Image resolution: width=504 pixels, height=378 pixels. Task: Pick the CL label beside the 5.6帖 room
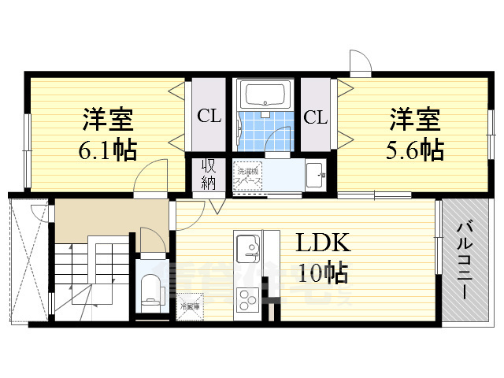click(315, 118)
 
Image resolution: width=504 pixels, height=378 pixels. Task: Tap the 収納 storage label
click(208, 174)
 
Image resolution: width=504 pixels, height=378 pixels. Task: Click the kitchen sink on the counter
click(248, 249)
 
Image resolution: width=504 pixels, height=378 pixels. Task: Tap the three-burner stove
click(248, 299)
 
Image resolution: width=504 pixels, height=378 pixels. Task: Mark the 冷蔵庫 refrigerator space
click(190, 305)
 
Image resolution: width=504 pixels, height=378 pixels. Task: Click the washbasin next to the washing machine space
click(314, 174)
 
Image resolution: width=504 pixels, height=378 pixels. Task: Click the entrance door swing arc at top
click(358, 61)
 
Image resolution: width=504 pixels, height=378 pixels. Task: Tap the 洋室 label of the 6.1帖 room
click(108, 120)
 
